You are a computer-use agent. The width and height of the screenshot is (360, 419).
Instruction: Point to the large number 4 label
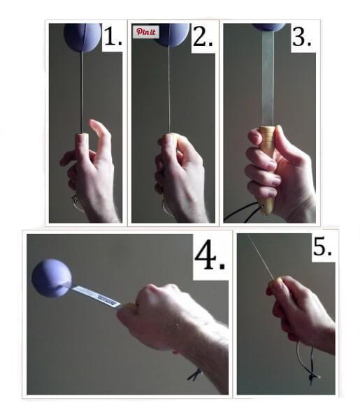coord(210,256)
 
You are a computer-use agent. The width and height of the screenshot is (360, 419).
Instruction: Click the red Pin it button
coord(147,32)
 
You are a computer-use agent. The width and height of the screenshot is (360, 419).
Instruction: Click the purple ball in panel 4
coord(52,278)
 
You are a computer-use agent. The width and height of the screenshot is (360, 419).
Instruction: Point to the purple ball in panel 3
coord(269,27)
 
